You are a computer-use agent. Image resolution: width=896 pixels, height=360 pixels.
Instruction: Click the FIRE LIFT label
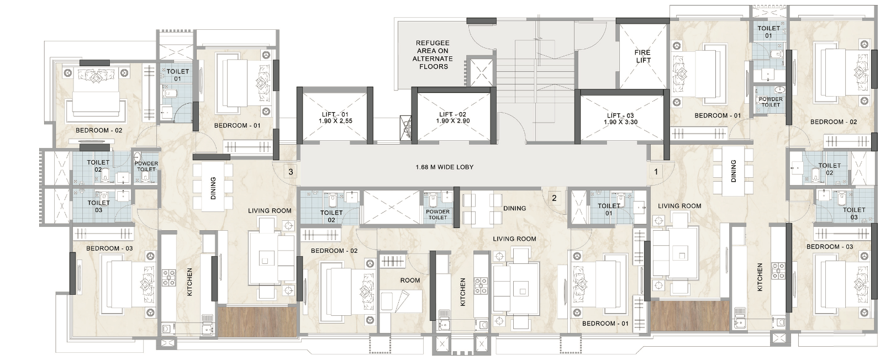coord(642,56)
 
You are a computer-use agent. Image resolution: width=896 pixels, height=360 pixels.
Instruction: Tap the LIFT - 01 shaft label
coord(335,118)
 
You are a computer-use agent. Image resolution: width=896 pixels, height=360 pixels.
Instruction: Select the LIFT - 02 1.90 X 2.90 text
coord(453,118)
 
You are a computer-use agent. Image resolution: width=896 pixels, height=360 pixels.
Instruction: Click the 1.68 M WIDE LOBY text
coord(444,167)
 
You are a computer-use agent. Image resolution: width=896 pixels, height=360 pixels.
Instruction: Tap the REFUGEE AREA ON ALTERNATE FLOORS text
coord(433,55)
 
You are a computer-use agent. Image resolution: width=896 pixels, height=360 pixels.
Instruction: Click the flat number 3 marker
coord(291,172)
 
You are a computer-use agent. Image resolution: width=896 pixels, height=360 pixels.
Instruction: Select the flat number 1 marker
coord(656,172)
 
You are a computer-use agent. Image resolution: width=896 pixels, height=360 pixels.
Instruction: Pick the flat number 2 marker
coord(554,198)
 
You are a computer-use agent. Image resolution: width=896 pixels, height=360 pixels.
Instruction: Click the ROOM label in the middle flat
coord(410,280)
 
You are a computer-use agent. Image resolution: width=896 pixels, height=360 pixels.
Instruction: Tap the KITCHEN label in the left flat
coord(189,282)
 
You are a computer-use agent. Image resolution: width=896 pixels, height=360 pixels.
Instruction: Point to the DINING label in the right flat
coord(733,171)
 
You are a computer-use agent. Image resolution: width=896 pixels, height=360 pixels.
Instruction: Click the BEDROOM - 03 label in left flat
coord(109,248)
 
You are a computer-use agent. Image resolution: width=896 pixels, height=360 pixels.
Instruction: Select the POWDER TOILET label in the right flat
coord(771,102)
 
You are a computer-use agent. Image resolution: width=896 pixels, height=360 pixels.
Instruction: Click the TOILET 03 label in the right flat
coord(853,213)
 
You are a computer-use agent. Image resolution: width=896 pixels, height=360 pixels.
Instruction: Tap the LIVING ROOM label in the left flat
coord(270,211)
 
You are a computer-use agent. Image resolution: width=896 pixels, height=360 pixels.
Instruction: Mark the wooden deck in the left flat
coord(257,321)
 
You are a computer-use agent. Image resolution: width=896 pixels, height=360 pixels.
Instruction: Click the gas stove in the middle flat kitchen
coord(481,285)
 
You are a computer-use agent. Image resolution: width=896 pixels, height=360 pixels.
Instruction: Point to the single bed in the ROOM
coord(400,301)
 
